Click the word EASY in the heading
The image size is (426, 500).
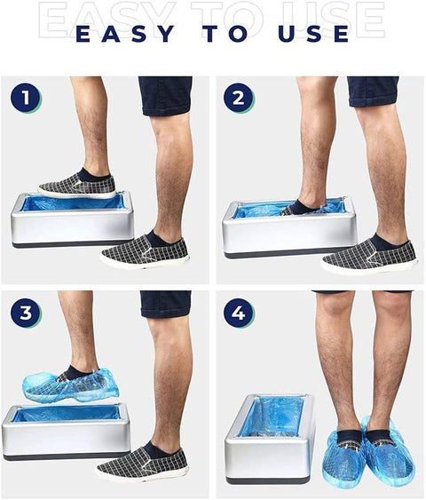coord(125,34)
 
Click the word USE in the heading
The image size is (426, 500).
coord(313,34)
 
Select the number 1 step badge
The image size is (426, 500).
coord(26,98)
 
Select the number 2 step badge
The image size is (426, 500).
coord(239,98)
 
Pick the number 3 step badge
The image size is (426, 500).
coord(26,313)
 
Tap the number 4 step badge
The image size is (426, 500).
coord(239,313)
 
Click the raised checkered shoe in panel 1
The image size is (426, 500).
coord(77,185)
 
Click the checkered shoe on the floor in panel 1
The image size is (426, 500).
coord(145,250)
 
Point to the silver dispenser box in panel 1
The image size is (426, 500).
coord(72,219)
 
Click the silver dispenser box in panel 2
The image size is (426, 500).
coord(288,227)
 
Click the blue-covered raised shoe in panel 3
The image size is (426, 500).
coord(70,385)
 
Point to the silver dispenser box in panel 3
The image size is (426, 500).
coord(66,432)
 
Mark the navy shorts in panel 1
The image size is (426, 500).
coord(165,96)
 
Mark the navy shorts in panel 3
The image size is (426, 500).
coord(166,304)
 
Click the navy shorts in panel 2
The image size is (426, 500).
coord(373,91)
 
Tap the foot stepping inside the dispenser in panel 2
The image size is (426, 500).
coord(303,207)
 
